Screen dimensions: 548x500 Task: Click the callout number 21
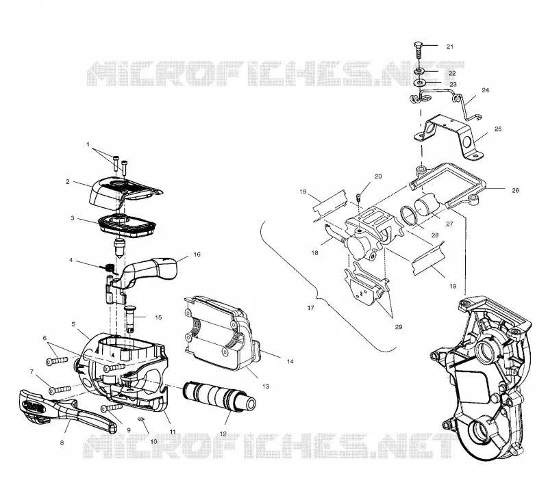pyautogui.click(x=450, y=47)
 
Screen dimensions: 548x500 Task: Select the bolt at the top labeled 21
pyautogui.click(x=419, y=51)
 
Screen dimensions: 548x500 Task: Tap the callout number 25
pyautogui.click(x=498, y=129)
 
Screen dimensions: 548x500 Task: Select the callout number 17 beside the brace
pyautogui.click(x=310, y=308)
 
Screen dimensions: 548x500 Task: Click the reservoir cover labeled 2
pyautogui.click(x=125, y=191)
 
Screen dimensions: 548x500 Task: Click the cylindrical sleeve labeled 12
pyautogui.click(x=219, y=396)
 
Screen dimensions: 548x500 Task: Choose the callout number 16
pyautogui.click(x=197, y=254)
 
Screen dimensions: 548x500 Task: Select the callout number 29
pyautogui.click(x=399, y=327)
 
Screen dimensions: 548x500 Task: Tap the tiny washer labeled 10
pyautogui.click(x=141, y=419)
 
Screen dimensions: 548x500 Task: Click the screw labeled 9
pyautogui.click(x=112, y=407)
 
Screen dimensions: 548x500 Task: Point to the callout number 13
pyautogui.click(x=266, y=386)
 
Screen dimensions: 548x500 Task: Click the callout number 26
pyautogui.click(x=516, y=190)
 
